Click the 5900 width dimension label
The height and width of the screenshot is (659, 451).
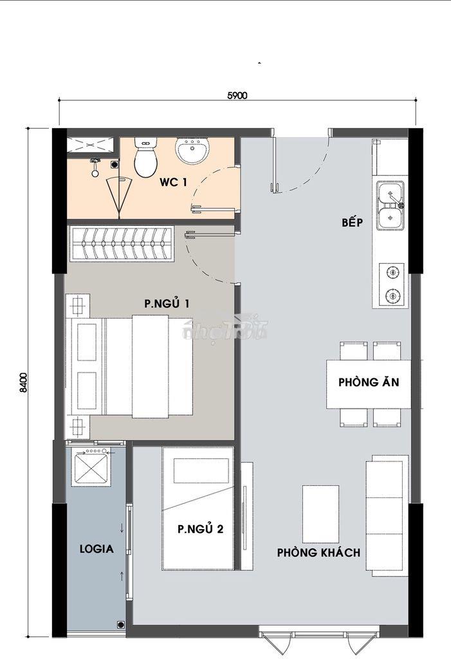coord(237,95)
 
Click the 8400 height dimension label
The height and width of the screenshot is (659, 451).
coord(24,382)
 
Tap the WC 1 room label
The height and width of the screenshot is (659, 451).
coord(173,182)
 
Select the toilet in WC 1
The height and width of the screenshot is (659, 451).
coord(145,157)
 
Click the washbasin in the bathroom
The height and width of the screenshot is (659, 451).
coord(192,150)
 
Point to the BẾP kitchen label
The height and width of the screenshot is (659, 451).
coord(352,222)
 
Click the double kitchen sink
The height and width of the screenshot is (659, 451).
coord(391,205)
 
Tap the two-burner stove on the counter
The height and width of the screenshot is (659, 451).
coord(392,284)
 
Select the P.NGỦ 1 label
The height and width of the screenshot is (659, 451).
coord(167,303)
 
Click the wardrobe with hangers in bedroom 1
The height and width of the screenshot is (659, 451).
coord(122,244)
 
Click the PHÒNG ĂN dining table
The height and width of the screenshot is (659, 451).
coord(369,384)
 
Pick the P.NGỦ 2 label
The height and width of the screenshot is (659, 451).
coord(201,529)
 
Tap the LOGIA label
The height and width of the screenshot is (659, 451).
coord(97,548)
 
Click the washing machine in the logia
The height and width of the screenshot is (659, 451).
coord(91,467)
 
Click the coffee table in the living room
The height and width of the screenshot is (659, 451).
coord(320,514)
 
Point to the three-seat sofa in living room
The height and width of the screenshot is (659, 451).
coord(387,515)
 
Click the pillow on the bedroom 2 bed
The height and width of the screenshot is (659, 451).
coord(201,470)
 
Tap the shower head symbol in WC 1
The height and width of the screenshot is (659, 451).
coord(96,165)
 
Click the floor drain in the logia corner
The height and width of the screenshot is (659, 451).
coord(121,625)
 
